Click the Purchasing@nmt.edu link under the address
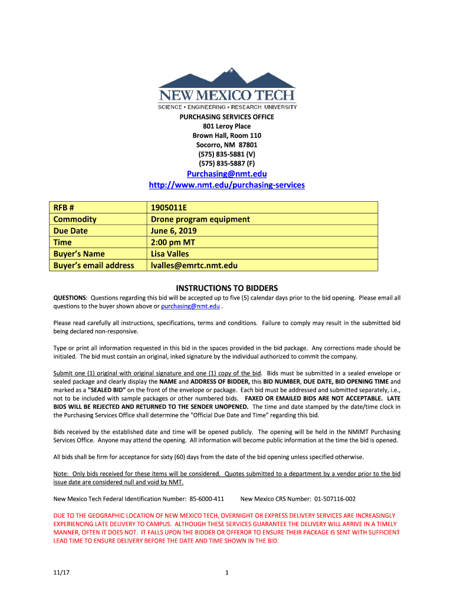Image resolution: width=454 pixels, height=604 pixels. pyautogui.click(x=227, y=174)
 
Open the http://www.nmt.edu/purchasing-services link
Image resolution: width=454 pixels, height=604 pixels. pyautogui.click(x=227, y=185)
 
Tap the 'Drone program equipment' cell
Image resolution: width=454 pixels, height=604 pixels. pyautogui.click(x=200, y=219)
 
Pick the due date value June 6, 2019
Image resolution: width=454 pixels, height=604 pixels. pyautogui.click(x=174, y=231)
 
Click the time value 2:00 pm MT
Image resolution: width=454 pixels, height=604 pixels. pyautogui.click(x=170, y=242)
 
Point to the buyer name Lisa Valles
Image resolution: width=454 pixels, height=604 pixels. pyautogui.click(x=170, y=254)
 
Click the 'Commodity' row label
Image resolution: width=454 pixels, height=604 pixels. pyautogui.click(x=75, y=219)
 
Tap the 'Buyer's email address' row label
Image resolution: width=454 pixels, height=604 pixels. pyautogui.click(x=94, y=265)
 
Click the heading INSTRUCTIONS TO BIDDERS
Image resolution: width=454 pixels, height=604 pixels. pyautogui.click(x=227, y=288)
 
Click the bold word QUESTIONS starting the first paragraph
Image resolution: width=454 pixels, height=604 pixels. pyautogui.click(x=70, y=298)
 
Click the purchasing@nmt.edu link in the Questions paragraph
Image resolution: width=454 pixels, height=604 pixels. pyautogui.click(x=190, y=307)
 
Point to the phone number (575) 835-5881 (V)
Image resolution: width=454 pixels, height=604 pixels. pyautogui.click(x=227, y=153)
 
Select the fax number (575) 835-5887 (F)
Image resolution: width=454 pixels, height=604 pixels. pyautogui.click(x=227, y=163)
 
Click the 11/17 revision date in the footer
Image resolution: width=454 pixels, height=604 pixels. pyautogui.click(x=60, y=572)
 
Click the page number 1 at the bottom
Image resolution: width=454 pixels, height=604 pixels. pyautogui.click(x=227, y=572)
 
